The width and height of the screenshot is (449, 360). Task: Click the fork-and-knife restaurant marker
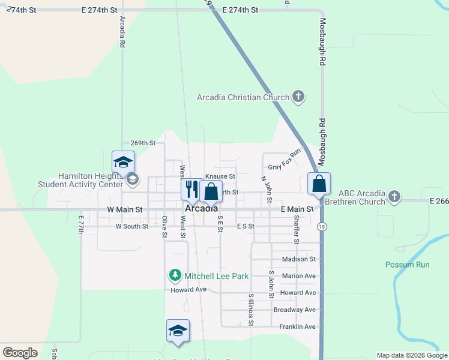coord(191,189)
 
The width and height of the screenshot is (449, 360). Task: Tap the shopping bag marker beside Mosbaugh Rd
coord(319,183)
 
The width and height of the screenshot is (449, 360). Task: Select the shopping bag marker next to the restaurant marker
coord(211,191)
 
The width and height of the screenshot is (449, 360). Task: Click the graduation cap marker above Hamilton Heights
coord(124,162)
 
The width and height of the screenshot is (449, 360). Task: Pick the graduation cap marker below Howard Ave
coord(178,331)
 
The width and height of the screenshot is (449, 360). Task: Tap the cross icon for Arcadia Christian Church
coord(298,97)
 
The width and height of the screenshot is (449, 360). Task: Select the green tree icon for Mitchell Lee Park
coord(175,275)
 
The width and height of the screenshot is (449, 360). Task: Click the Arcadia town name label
coord(202,209)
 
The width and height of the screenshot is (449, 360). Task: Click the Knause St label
coord(220,176)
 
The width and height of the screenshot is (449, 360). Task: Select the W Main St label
coord(125,210)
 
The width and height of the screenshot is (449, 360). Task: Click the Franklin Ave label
coord(297,327)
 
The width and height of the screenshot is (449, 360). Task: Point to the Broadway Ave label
coord(294,310)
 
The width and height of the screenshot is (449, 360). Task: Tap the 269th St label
coord(143,143)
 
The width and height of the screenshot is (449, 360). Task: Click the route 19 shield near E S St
coord(323,226)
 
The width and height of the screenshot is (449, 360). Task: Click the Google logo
coord(20,352)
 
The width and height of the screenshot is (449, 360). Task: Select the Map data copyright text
coord(412,355)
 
